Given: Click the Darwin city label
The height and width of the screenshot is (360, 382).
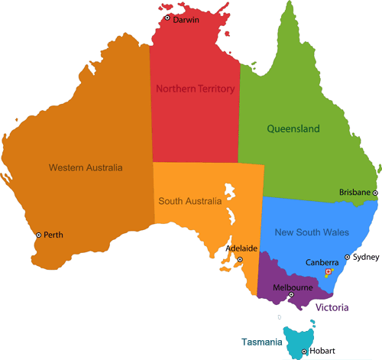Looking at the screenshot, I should click(186, 20).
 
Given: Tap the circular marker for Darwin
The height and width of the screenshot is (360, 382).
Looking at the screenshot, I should click(167, 18).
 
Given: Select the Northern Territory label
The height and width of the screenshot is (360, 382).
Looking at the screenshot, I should click(195, 89).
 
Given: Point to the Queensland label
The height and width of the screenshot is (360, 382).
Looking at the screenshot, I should click(293, 129).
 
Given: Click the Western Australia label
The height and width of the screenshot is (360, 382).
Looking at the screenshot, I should click(86, 167).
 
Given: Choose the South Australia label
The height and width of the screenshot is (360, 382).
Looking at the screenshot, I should click(189, 202).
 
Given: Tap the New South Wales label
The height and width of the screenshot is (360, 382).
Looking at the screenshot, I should click(312, 232).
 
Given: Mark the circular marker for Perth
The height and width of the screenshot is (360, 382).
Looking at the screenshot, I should click(38, 235).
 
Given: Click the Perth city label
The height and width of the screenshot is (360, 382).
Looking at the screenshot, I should click(53, 235).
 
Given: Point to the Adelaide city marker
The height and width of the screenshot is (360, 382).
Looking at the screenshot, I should click(240, 260).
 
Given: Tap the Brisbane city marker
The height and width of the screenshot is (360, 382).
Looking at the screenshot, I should click(375, 193).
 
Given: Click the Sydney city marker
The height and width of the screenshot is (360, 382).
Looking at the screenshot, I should click(348, 258).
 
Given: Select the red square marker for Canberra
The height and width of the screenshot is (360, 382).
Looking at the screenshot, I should click(329, 272).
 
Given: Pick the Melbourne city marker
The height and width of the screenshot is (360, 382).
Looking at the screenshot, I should click(291, 294).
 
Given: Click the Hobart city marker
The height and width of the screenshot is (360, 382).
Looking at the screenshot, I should click(304, 352).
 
